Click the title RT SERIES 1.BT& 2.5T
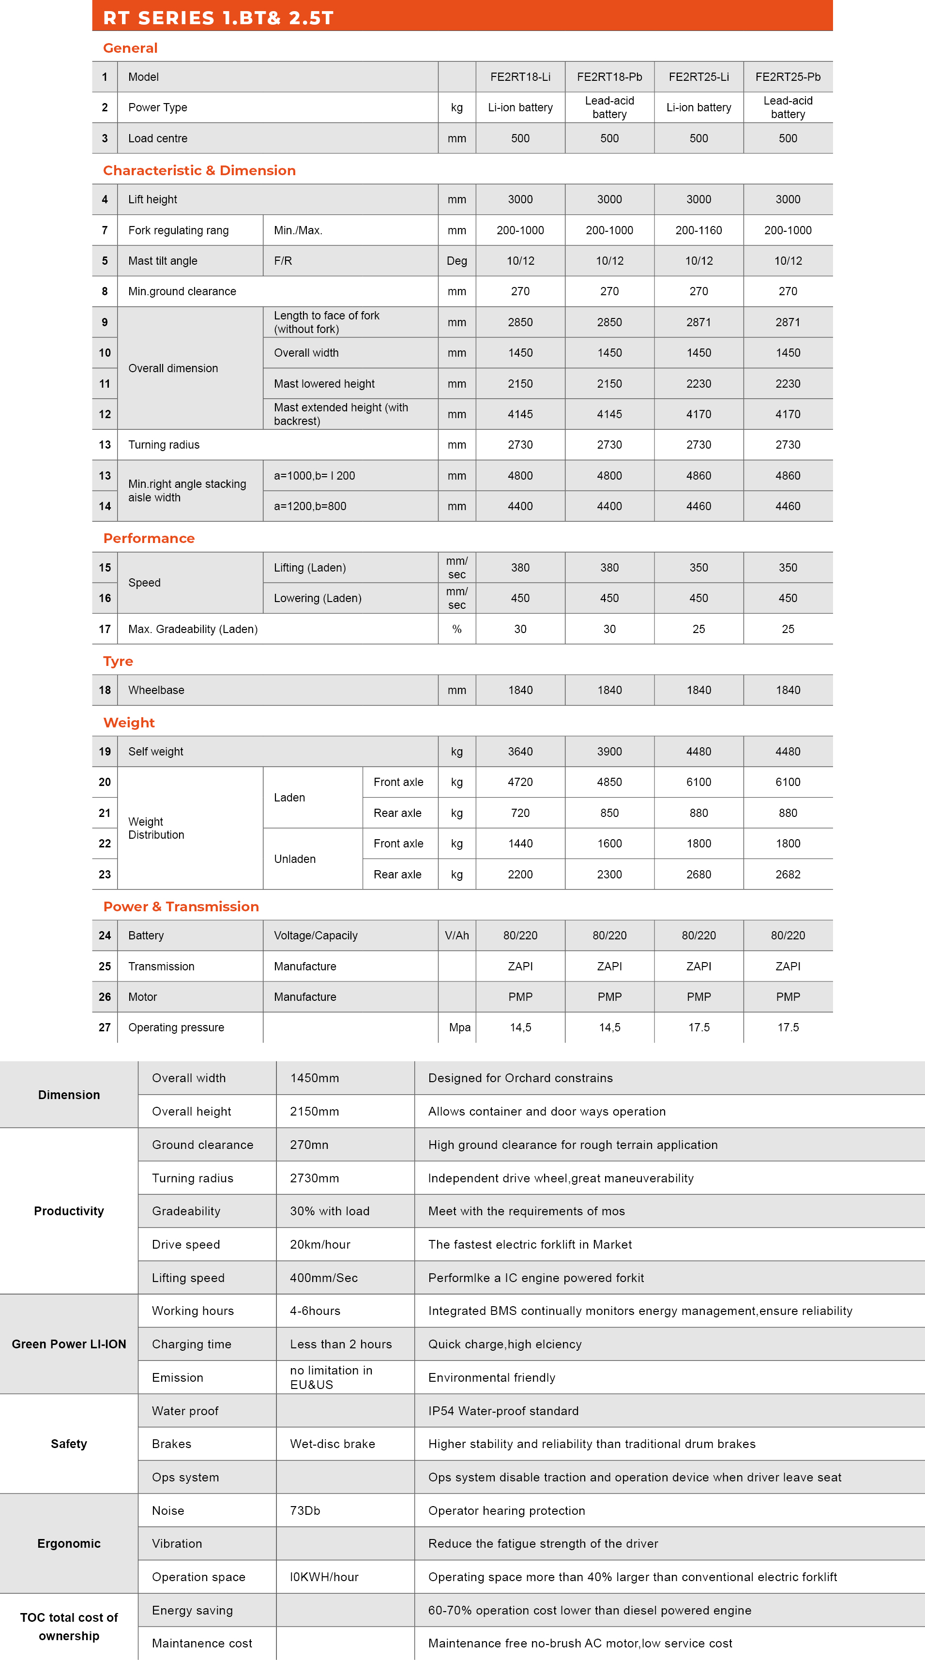(x=218, y=17)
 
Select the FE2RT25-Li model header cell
(x=699, y=76)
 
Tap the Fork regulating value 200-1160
(x=699, y=230)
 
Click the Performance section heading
(x=149, y=538)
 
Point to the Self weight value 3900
(x=609, y=752)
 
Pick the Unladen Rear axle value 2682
(x=788, y=875)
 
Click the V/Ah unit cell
(x=456, y=935)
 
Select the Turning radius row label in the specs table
(x=164, y=445)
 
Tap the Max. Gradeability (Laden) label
(x=193, y=629)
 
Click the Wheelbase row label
(x=156, y=690)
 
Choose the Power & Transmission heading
(x=181, y=906)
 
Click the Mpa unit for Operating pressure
(x=460, y=1027)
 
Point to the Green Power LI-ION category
(x=69, y=1343)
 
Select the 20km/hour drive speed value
(x=320, y=1244)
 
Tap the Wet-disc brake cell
(x=333, y=1444)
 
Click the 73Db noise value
(x=305, y=1510)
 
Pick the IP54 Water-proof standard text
(x=503, y=1411)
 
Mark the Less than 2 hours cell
(x=341, y=1343)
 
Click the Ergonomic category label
(x=69, y=1543)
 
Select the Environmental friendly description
(x=492, y=1377)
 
